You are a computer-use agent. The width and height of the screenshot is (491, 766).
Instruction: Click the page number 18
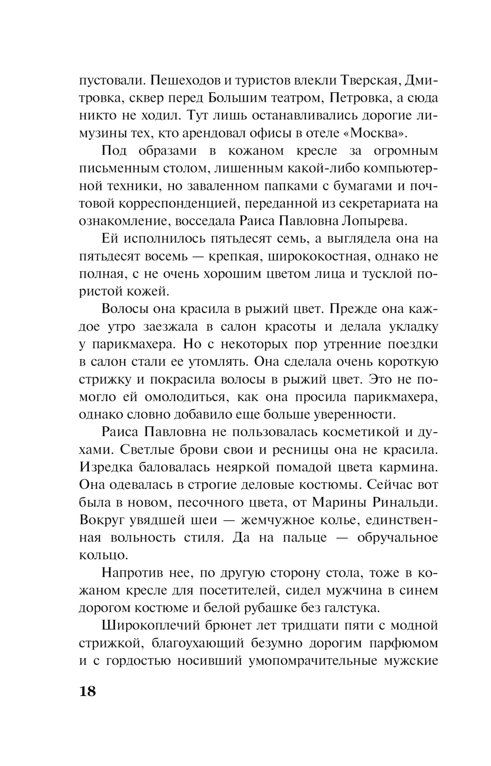tap(87, 691)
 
